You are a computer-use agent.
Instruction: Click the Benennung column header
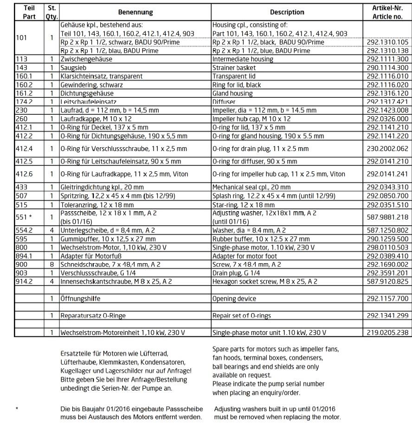(135, 12)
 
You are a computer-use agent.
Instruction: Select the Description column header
(287, 12)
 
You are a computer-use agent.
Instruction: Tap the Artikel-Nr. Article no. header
(387, 12)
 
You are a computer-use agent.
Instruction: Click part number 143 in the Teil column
(22, 68)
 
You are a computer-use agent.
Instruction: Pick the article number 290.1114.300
(387, 68)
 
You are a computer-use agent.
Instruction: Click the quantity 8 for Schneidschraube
(51, 264)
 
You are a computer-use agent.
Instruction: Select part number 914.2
(24, 281)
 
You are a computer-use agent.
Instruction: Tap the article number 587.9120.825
(387, 281)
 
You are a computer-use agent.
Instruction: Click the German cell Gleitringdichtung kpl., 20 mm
(102, 187)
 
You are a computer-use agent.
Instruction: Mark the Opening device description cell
(234, 298)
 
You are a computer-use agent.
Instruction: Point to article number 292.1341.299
(387, 316)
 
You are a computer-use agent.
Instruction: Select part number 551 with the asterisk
(24, 217)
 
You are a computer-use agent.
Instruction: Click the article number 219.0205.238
(387, 333)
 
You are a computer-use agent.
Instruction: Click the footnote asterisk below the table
(17, 409)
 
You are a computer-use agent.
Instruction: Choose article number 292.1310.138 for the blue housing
(387, 51)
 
